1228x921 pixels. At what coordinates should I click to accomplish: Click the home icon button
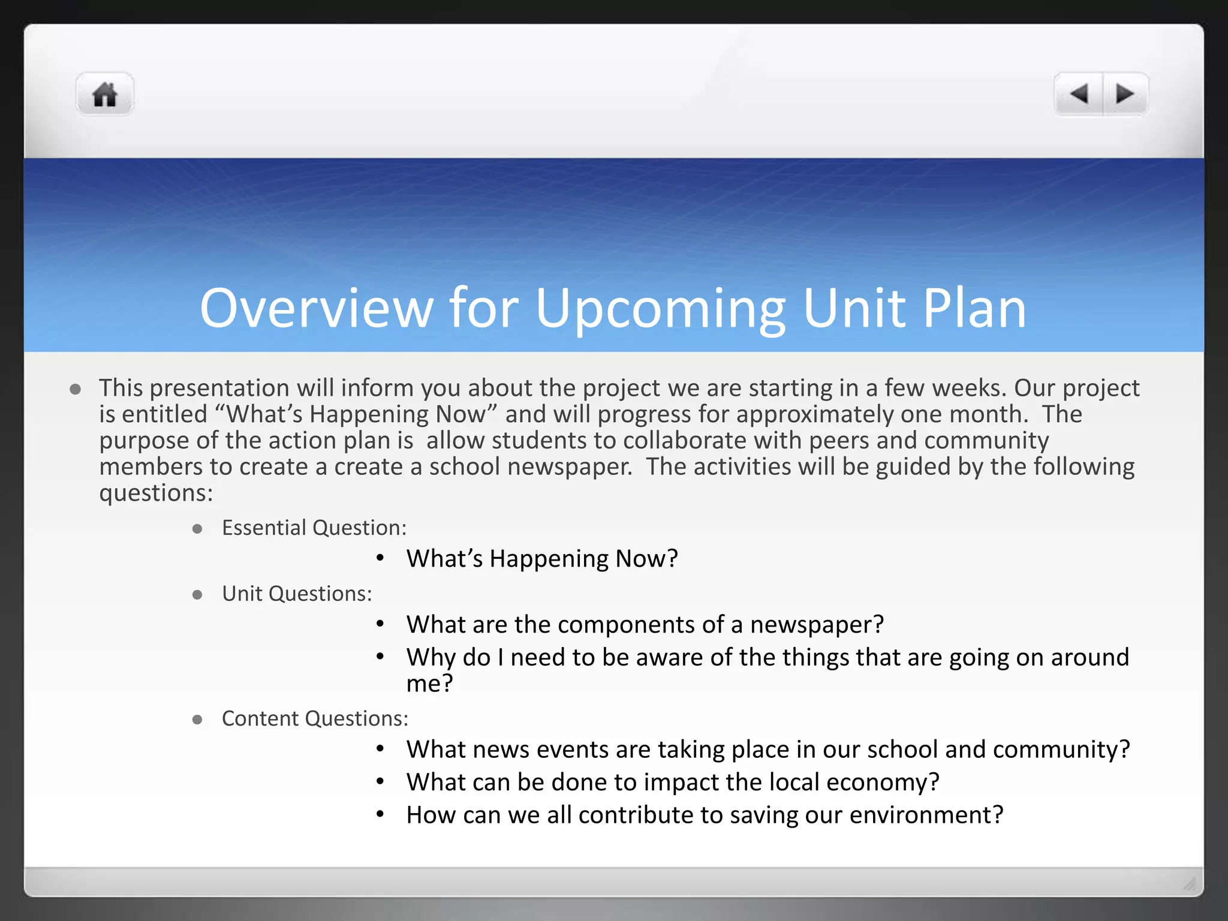[x=105, y=94]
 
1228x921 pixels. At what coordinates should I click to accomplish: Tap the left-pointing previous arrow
[x=1079, y=94]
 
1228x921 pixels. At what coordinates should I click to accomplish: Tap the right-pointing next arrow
[x=1124, y=94]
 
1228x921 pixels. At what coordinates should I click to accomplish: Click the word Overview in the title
[x=316, y=308]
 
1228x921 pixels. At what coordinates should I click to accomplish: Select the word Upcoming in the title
[x=660, y=309]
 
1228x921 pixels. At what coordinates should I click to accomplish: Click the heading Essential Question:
[x=314, y=528]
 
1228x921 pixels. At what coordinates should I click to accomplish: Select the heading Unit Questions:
[x=297, y=594]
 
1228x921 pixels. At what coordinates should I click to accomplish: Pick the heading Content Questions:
[x=315, y=718]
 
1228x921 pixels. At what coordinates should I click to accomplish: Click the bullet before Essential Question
[x=197, y=529]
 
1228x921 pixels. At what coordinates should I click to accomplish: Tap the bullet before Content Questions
[x=197, y=720]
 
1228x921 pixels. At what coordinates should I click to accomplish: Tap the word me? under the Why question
[x=429, y=684]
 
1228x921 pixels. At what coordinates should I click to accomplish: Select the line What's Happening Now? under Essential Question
[x=542, y=559]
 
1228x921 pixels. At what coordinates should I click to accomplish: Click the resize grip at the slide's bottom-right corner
[x=1190, y=884]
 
